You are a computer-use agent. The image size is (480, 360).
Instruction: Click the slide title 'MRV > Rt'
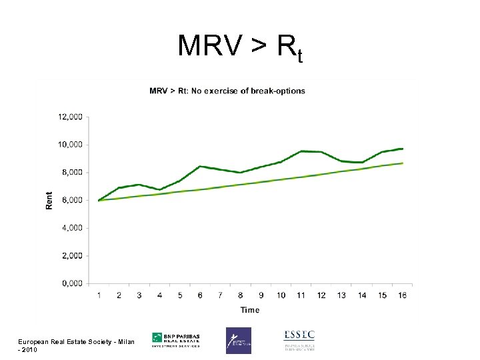tap(240, 48)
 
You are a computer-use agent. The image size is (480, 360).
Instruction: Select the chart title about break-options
tap(227, 91)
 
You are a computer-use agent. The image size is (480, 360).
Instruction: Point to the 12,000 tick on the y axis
tap(70, 117)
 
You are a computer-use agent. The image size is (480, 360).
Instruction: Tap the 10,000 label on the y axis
tap(70, 145)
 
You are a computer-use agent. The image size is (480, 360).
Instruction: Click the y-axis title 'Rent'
tap(49, 200)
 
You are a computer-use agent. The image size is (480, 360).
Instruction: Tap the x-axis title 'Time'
tap(250, 309)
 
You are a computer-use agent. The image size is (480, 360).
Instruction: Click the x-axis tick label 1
tap(99, 295)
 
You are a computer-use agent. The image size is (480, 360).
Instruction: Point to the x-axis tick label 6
tap(200, 295)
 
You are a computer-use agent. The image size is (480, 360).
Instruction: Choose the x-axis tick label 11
tap(301, 295)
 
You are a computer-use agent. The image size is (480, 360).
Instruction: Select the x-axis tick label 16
tap(402, 295)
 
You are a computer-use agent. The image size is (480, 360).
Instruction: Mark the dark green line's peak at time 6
tap(200, 167)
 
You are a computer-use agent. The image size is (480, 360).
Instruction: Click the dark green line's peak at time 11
tap(301, 151)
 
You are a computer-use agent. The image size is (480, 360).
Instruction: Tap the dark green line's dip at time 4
tap(160, 189)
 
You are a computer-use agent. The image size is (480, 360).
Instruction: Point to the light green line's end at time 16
tap(402, 163)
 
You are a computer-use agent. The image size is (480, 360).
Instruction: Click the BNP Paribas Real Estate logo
tap(176, 339)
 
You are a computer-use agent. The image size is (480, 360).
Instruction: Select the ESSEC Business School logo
tap(299, 339)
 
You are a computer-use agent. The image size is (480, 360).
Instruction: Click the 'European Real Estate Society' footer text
tap(77, 342)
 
